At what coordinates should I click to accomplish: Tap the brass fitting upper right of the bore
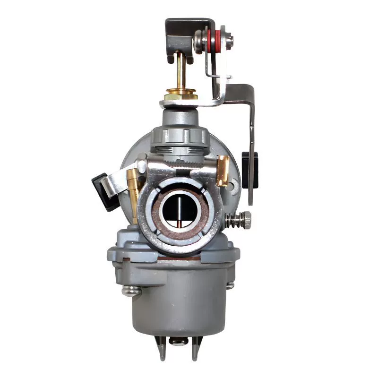[x=223, y=171]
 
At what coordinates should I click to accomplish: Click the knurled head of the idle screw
[x=246, y=218]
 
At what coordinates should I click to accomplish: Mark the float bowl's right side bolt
[x=230, y=285]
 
